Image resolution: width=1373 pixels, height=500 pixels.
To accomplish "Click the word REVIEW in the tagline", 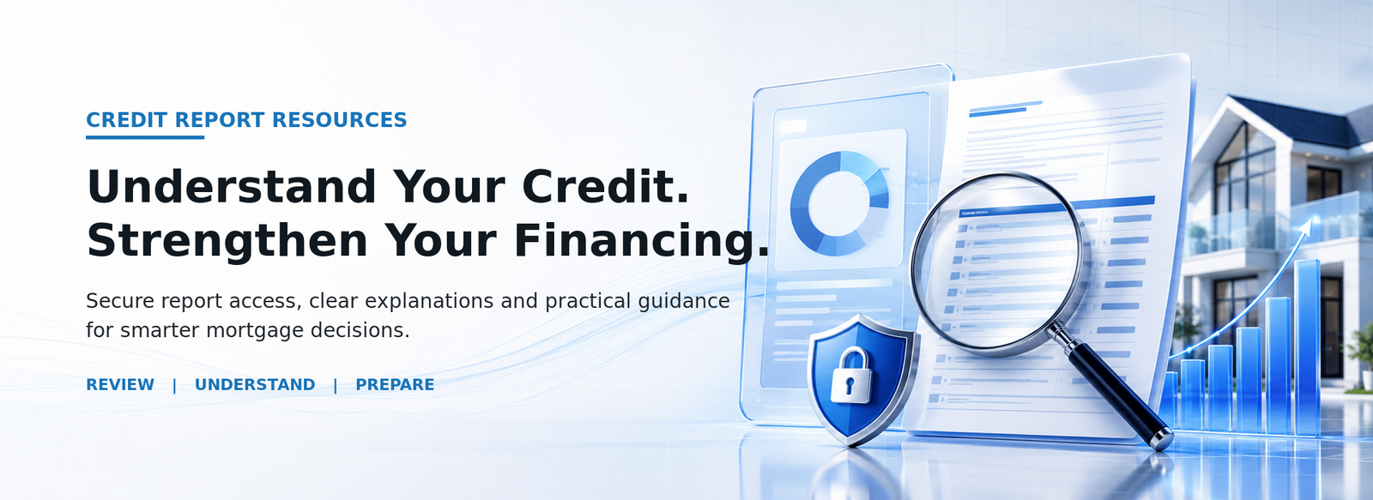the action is (120, 385).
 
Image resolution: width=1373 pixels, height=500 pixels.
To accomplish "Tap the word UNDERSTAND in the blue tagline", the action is (255, 385).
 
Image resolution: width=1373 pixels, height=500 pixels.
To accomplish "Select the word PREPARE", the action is (395, 385).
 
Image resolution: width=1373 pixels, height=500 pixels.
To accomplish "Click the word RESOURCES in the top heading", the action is (340, 120).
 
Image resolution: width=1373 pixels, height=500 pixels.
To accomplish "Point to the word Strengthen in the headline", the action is (227, 241).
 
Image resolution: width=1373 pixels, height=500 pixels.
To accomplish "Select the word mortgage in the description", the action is (255, 331).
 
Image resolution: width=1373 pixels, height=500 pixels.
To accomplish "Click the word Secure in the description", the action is (120, 301).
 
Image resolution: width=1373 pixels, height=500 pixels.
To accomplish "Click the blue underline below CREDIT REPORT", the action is (145, 137).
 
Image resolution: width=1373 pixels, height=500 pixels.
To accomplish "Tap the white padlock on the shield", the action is (850, 375).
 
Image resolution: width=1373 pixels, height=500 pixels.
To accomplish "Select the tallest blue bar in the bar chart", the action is (1308, 346).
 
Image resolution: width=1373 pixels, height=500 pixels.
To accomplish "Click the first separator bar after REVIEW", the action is (175, 385).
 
